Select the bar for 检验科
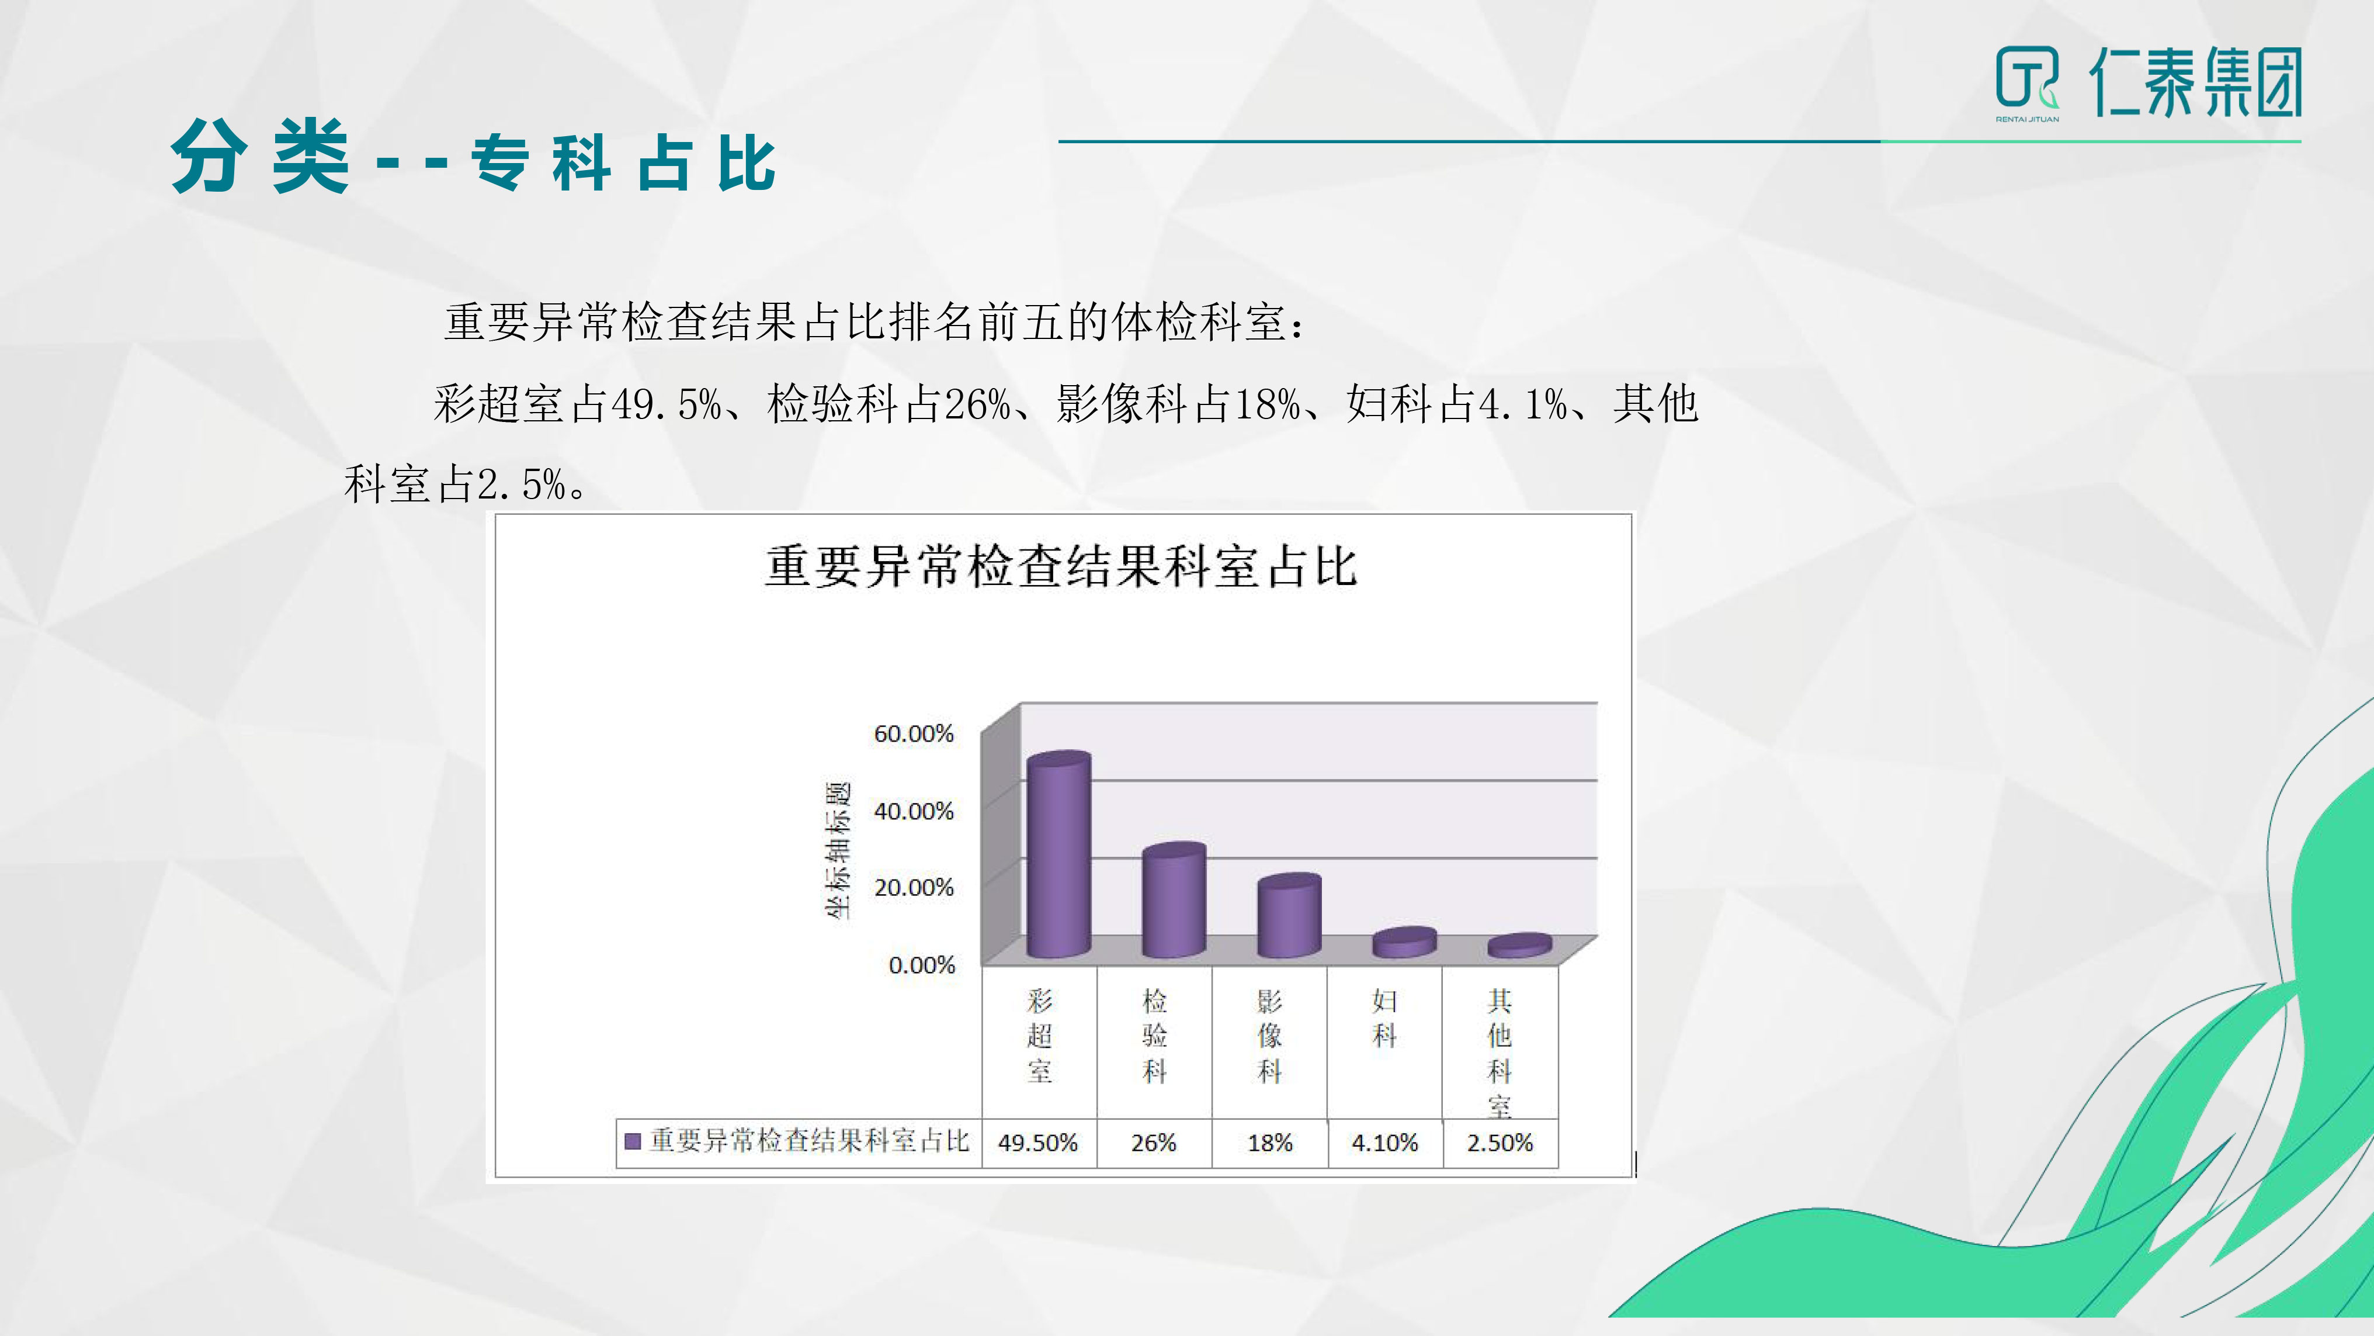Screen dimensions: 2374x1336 click(1173, 900)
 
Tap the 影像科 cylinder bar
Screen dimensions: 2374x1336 click(1289, 916)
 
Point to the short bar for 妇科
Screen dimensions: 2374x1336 click(1404, 942)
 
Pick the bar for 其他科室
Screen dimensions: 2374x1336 click(1519, 946)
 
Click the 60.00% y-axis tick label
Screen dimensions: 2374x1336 click(913, 734)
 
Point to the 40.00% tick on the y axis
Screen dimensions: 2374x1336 click(913, 811)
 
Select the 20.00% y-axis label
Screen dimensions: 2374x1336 click(913, 888)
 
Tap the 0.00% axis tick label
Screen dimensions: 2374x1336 click(922, 965)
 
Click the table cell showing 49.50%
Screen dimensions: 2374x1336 click(1039, 1143)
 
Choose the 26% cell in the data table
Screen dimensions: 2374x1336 click(1154, 1143)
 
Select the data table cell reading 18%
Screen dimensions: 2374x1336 click(1270, 1143)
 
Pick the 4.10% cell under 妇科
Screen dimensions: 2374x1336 click(1385, 1143)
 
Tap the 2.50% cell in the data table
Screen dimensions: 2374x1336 click(1500, 1143)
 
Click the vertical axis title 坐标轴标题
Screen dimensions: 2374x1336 click(838, 850)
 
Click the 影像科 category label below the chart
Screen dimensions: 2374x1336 click(1270, 1036)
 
